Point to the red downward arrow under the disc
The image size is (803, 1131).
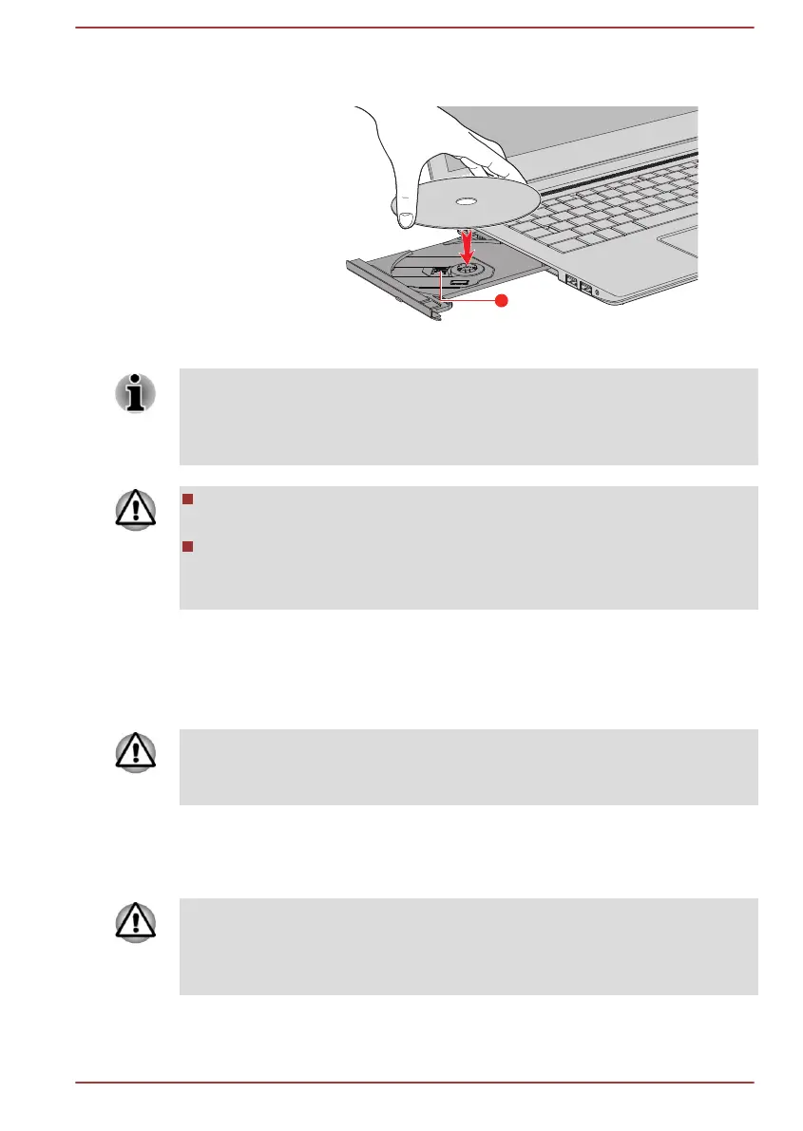pos(467,245)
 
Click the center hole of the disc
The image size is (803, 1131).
pos(467,201)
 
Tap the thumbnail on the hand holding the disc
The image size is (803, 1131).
pos(406,219)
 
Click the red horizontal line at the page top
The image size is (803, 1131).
pos(414,27)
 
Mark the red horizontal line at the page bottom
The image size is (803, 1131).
pos(414,1083)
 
